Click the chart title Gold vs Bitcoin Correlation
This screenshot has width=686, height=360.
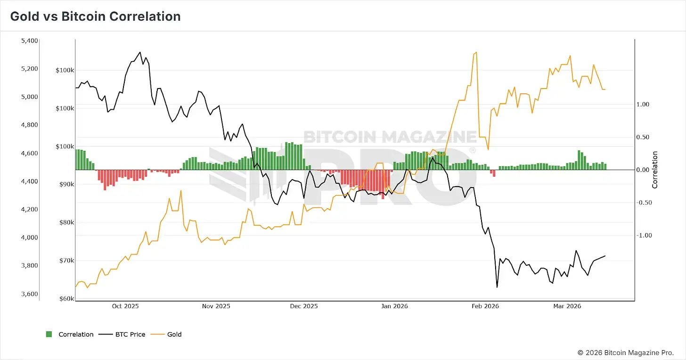click(95, 16)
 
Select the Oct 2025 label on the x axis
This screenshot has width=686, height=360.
click(125, 306)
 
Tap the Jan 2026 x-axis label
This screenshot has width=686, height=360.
click(394, 306)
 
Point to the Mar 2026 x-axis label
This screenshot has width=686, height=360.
click(567, 306)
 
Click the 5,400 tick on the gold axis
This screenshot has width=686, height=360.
click(30, 41)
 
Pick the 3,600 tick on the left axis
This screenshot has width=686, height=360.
click(30, 294)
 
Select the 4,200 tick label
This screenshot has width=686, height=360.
click(30, 209)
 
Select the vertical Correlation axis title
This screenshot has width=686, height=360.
click(655, 170)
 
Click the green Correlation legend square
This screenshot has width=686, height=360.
click(49, 334)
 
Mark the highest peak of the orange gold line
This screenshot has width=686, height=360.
click(476, 52)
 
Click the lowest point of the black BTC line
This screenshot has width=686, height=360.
click(497, 287)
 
